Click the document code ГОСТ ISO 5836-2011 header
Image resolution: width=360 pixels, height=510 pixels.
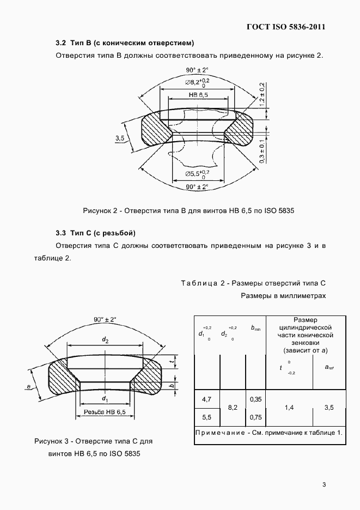click(286, 26)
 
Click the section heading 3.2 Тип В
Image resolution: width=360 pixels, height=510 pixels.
click(125, 42)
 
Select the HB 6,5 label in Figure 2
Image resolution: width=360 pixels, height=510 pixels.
click(198, 95)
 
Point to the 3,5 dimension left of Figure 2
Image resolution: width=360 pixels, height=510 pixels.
click(120, 138)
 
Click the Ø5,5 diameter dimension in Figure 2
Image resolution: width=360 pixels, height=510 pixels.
click(197, 174)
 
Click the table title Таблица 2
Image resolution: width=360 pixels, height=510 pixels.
click(252, 283)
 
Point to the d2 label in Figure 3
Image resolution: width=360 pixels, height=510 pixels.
click(106, 340)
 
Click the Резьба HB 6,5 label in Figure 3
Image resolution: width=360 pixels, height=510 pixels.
click(105, 412)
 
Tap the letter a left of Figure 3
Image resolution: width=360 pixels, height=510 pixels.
click(28, 386)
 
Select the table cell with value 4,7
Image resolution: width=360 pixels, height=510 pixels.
click(206, 400)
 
